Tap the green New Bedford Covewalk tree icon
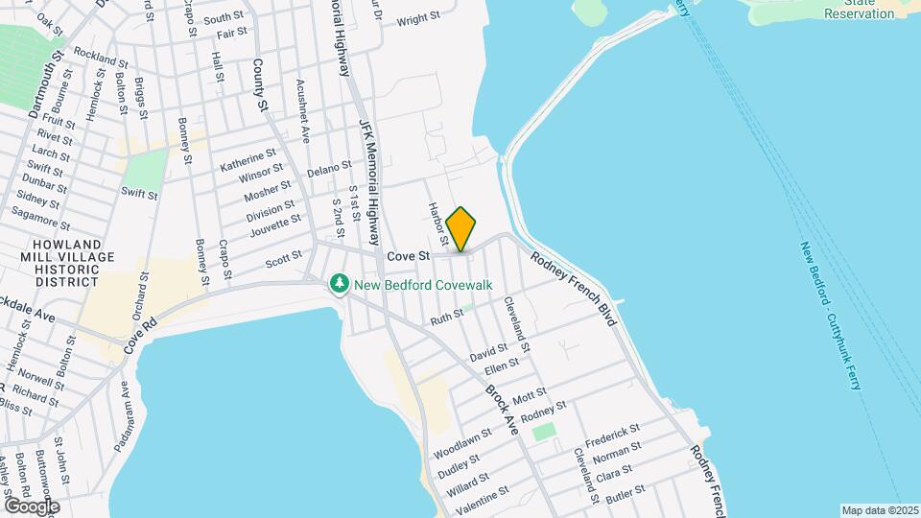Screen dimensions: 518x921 coord(338,284)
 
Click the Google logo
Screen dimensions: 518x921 coord(31,505)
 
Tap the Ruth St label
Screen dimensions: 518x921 coord(447,318)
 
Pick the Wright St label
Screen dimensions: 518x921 coord(417,19)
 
